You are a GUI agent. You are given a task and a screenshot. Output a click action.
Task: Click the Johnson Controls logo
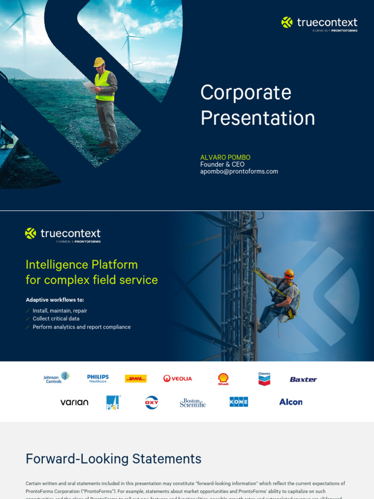click(x=56, y=378)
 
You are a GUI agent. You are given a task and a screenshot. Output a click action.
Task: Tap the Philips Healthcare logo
click(x=98, y=379)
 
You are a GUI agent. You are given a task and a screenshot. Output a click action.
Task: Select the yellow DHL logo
click(x=136, y=379)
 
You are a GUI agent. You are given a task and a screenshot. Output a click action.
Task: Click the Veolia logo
click(x=178, y=379)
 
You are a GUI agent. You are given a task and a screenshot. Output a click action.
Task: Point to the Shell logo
click(x=223, y=379)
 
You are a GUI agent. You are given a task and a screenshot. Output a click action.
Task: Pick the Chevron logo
click(x=264, y=379)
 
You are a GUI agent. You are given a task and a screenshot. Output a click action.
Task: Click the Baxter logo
click(x=303, y=379)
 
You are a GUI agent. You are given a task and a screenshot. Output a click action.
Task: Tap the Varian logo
click(x=74, y=403)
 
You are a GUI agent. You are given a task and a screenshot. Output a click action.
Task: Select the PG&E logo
click(x=112, y=403)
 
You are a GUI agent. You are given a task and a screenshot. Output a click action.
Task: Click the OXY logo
click(x=151, y=403)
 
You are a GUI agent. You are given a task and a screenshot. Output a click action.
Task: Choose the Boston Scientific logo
click(x=193, y=403)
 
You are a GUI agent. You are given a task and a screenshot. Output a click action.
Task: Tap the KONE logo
click(x=239, y=402)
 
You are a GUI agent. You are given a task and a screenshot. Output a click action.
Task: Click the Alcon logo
click(x=291, y=402)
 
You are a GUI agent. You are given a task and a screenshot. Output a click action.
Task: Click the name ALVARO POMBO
click(x=225, y=157)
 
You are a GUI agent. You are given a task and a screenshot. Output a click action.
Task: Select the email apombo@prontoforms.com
click(x=239, y=172)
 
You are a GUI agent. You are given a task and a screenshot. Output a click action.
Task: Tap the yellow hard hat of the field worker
click(x=99, y=62)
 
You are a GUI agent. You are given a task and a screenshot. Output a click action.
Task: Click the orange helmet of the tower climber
click(x=289, y=273)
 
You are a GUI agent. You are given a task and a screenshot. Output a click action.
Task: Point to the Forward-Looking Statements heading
click(x=113, y=459)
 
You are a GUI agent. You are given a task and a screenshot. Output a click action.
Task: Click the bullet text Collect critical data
click(x=56, y=319)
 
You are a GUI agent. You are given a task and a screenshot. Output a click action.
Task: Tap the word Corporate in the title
click(x=246, y=93)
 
